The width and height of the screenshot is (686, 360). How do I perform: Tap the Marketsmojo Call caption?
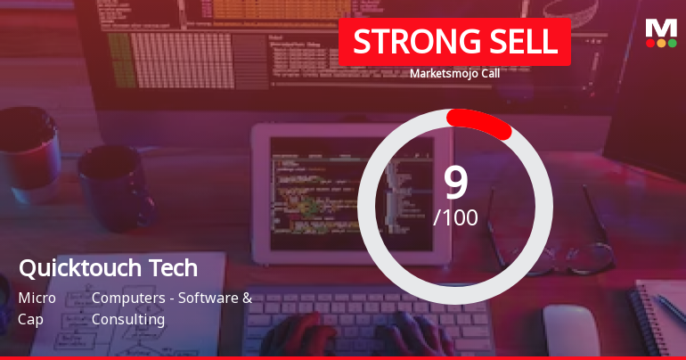[x=454, y=74]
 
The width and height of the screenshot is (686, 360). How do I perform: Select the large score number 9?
[x=455, y=182]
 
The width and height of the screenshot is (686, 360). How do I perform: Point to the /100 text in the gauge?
[x=455, y=217]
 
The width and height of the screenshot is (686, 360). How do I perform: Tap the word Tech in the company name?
[x=175, y=267]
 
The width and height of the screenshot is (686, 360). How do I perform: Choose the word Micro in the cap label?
[x=37, y=298]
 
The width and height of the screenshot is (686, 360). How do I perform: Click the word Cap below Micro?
[x=30, y=319]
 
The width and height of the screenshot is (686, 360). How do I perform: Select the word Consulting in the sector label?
[x=128, y=319]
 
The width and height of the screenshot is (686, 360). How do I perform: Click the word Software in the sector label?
[x=208, y=298]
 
